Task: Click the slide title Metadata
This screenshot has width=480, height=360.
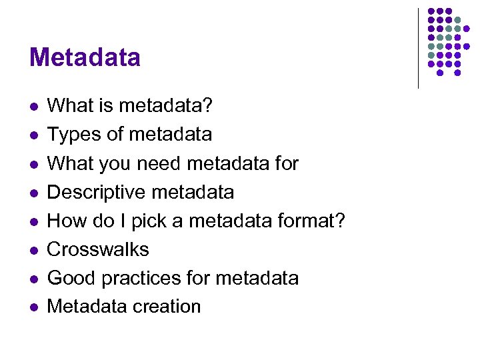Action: pos(85,57)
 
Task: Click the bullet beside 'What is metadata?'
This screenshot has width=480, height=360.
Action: pos(34,106)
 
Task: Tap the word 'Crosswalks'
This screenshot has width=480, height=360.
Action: pos(98,249)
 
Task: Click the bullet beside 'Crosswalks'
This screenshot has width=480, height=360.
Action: pos(34,250)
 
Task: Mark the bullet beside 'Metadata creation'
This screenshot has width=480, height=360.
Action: pos(34,307)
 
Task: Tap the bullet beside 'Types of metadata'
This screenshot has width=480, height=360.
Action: pos(34,135)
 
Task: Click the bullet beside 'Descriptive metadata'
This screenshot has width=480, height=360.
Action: pos(34,193)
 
